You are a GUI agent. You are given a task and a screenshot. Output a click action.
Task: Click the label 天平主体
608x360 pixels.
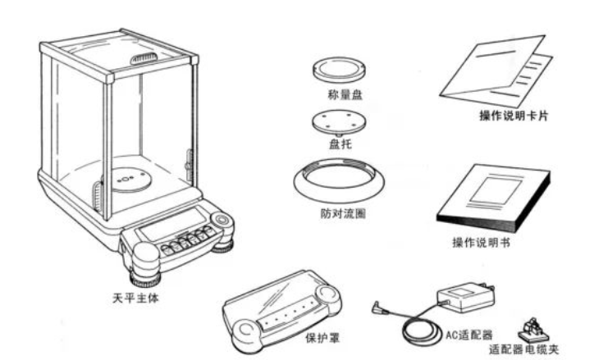[136, 298]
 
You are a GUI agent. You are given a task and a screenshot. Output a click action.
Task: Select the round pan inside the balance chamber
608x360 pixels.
[125, 178]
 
